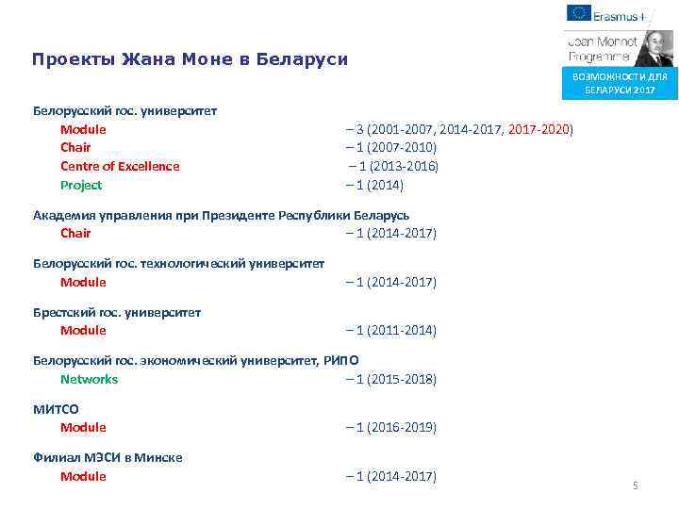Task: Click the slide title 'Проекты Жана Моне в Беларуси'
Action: [x=190, y=59]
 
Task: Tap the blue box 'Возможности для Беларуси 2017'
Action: [x=619, y=83]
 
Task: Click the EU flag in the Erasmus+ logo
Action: [x=579, y=13]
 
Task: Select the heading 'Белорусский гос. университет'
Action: [x=125, y=110]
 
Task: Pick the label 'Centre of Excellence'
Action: [x=120, y=166]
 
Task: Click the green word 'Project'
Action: [x=81, y=185]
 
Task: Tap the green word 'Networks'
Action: [x=90, y=379]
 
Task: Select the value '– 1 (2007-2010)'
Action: [x=391, y=148]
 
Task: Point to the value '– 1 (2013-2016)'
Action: [x=391, y=166]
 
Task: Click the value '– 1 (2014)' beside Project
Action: [x=375, y=185]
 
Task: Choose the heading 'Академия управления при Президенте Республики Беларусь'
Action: [x=222, y=215]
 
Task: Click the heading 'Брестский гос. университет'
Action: [x=117, y=312]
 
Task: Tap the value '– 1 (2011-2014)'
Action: [x=391, y=331]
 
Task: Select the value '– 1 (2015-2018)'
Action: [x=391, y=379]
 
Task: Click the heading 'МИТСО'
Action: [x=57, y=409]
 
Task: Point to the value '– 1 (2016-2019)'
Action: [x=391, y=427]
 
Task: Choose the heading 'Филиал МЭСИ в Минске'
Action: [x=108, y=457]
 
